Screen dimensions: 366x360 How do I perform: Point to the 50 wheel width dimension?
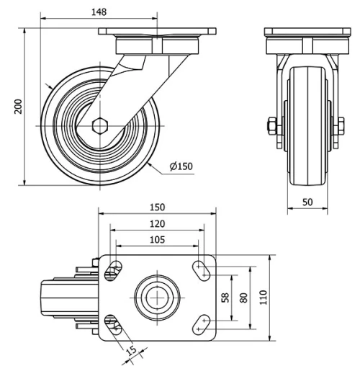(x=307, y=202)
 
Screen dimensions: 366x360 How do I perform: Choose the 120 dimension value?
(x=157, y=223)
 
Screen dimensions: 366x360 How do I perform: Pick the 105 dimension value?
(x=157, y=239)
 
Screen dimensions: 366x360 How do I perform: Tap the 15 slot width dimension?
(x=130, y=351)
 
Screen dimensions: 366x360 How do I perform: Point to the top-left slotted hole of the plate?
(x=112, y=272)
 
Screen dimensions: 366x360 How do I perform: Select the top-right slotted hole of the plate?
(x=202, y=270)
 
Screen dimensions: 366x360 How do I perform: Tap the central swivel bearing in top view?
(x=157, y=297)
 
